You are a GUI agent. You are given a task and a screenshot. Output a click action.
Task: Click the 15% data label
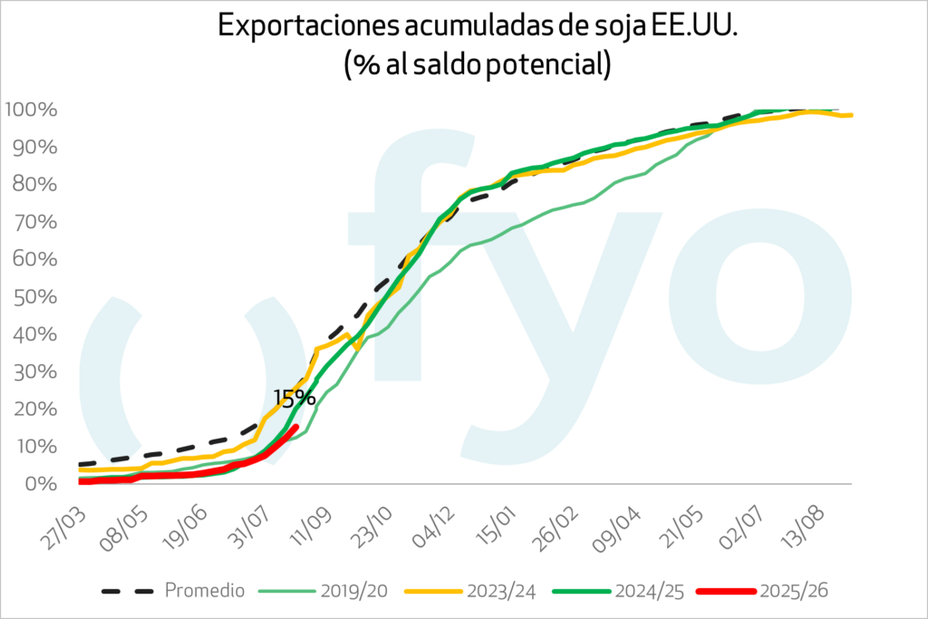point(295,396)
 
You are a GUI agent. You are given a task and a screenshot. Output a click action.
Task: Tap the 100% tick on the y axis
point(32,110)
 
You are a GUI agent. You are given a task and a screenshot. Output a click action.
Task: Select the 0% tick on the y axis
point(42,483)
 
